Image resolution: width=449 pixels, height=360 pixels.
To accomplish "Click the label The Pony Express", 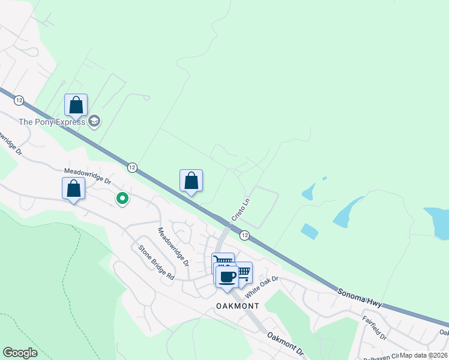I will click(x=52, y=122).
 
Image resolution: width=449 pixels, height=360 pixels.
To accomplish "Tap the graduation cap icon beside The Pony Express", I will click(x=94, y=122).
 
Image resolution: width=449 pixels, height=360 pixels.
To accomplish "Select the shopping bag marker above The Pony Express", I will click(x=76, y=106).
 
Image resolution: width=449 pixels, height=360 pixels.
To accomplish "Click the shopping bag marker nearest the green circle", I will click(x=73, y=188).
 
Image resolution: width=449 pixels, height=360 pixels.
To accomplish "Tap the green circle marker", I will click(x=122, y=197).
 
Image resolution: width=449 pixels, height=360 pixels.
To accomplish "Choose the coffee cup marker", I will click(x=227, y=277).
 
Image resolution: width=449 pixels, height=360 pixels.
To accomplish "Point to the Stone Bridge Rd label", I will click(x=156, y=263).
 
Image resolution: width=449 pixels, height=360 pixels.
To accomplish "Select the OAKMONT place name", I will click(x=238, y=306).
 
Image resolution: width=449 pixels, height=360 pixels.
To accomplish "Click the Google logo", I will click(x=20, y=353).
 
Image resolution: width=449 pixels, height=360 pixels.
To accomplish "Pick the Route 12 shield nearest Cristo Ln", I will click(x=244, y=235).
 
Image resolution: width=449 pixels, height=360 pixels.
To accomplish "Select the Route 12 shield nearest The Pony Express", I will click(x=19, y=100).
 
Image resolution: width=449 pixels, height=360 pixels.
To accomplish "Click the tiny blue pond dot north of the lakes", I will click(x=324, y=178).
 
